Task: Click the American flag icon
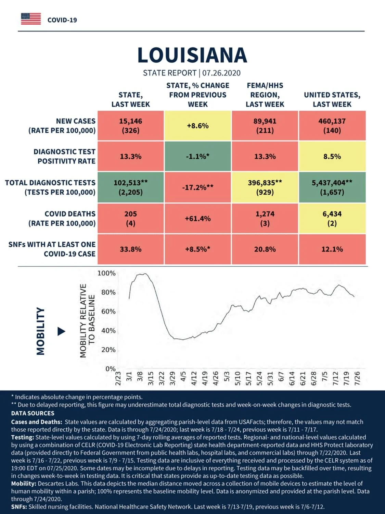[x=31, y=19]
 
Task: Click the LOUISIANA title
[x=192, y=55]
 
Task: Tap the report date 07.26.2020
[x=221, y=73]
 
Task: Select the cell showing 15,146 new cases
[x=131, y=126]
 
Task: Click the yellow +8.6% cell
[x=198, y=126]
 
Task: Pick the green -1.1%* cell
[x=198, y=156]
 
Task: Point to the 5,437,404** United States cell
[x=332, y=187]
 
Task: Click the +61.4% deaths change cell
[x=198, y=219]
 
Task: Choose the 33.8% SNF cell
[x=131, y=249]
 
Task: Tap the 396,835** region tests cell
[x=265, y=187]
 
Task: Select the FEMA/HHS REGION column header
[x=265, y=95]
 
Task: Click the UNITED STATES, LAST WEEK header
[x=332, y=99]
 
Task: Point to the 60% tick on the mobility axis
[x=108, y=311]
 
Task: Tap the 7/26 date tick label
[x=357, y=378]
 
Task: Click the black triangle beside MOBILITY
[x=61, y=331]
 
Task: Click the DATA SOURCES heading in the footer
[x=33, y=413]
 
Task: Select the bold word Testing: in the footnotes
[x=23, y=438]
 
